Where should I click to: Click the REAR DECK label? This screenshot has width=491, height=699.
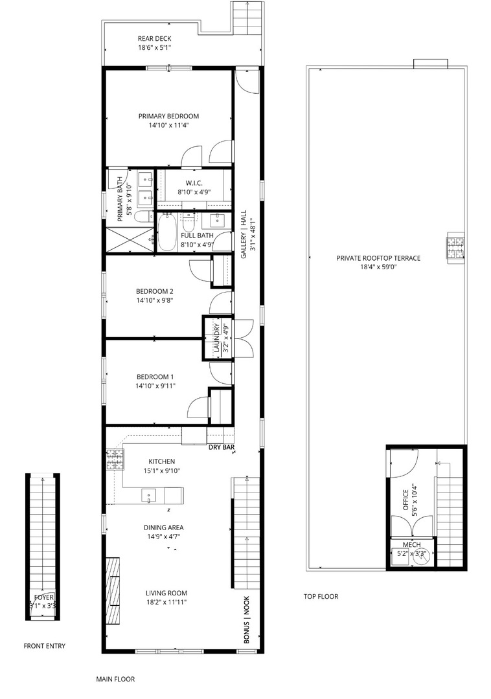(x=154, y=38)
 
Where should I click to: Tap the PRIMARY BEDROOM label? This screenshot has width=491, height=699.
(x=168, y=116)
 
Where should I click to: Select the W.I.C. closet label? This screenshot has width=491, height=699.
(x=194, y=183)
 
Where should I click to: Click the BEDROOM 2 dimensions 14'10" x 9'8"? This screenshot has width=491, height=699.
(x=154, y=300)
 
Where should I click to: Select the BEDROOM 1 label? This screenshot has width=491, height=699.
(x=155, y=377)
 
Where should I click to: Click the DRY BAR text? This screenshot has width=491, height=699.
(x=221, y=447)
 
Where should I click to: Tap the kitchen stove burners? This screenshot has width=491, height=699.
(x=115, y=460)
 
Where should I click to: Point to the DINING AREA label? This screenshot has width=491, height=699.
(x=163, y=527)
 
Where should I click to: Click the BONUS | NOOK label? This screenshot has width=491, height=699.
(x=247, y=619)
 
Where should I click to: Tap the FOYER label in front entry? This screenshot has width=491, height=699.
(x=43, y=597)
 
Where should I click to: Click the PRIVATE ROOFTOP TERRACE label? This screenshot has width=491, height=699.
(x=378, y=258)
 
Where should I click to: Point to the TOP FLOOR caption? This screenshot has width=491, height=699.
(x=321, y=597)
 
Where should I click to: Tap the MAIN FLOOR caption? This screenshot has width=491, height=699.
(x=115, y=680)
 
